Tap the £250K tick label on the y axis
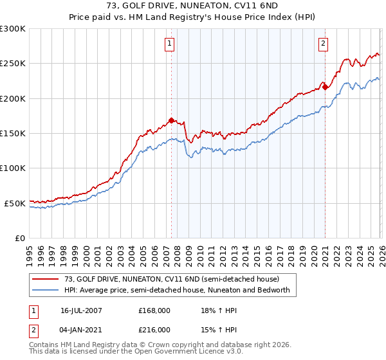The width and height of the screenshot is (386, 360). (13, 64)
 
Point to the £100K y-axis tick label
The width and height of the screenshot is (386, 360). (13, 168)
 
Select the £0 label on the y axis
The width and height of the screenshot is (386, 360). (20, 238)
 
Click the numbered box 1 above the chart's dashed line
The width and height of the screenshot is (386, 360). (169, 44)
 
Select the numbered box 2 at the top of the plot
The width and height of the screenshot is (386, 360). (322, 44)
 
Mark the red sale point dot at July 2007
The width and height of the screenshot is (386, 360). (171, 120)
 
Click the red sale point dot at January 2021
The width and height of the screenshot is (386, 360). (325, 87)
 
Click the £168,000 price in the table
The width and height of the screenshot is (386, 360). (154, 310)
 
